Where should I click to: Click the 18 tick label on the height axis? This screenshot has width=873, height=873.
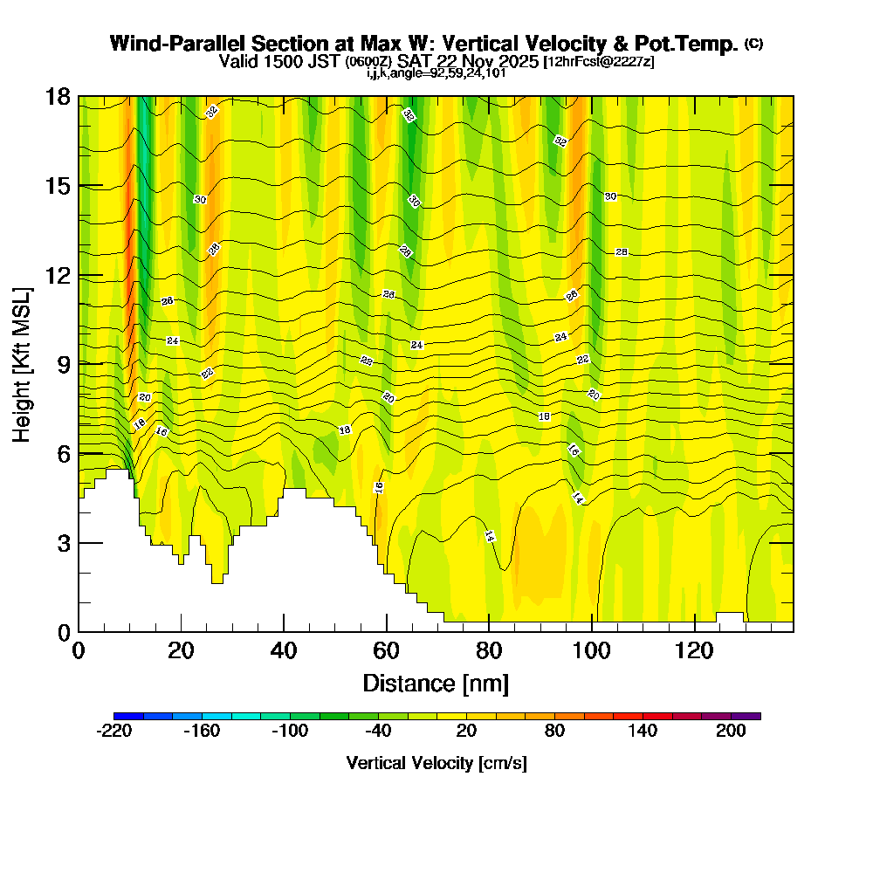pyautogui.click(x=57, y=96)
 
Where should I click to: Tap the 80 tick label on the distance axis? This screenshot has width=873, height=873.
pyautogui.click(x=489, y=651)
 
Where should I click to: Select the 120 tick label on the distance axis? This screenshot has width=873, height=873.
pyautogui.click(x=694, y=651)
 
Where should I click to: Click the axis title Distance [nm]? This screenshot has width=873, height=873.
pyautogui.click(x=436, y=683)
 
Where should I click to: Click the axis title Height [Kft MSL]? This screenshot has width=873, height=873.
pyautogui.click(x=22, y=363)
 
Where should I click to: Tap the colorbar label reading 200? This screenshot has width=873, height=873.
pyautogui.click(x=731, y=732)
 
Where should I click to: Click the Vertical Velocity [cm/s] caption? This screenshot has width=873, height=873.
pyautogui.click(x=436, y=763)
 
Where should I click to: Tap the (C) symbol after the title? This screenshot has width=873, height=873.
pyautogui.click(x=753, y=43)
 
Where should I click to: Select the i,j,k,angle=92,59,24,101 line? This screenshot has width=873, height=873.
pyautogui.click(x=436, y=72)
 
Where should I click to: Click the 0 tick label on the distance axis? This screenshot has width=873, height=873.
pyautogui.click(x=79, y=651)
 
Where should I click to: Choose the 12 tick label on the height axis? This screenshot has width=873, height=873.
pyautogui.click(x=57, y=275)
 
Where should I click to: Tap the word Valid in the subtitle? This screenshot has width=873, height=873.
pyautogui.click(x=237, y=61)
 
